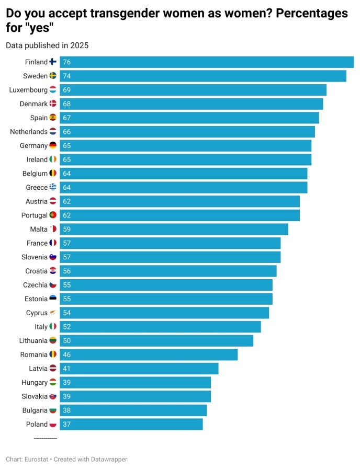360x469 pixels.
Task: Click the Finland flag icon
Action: pos(53,62)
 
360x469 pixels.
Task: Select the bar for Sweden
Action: pos(203,76)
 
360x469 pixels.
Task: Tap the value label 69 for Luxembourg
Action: pos(66,90)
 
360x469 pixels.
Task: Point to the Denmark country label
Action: pos(33,104)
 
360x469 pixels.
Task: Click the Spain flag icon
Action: pos(53,118)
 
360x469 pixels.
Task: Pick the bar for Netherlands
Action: pos(187,132)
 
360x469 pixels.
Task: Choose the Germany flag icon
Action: pos(53,145)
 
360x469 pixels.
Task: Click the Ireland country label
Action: pos(37,159)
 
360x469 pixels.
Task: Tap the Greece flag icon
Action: pos(53,187)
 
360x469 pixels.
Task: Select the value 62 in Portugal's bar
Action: pos(66,215)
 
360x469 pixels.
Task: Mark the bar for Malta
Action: pos(174,229)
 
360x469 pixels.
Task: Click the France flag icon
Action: pos(53,243)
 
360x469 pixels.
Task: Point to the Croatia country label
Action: pos(36,271)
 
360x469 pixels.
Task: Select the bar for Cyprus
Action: pos(164,313)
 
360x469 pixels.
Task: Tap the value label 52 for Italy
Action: pos(66,327)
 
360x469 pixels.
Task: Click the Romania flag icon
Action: pos(53,354)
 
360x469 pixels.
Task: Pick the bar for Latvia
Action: pos(139,369)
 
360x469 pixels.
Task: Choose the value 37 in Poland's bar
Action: pos(66,424)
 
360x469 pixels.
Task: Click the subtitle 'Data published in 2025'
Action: pos(47,45)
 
